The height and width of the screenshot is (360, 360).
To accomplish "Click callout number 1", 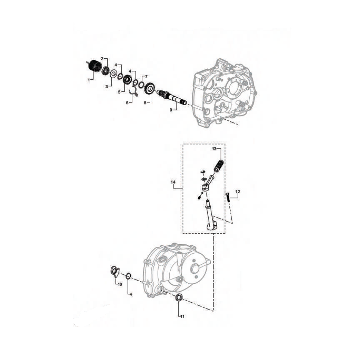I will (x=89, y=80).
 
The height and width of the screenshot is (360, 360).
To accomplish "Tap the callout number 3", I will (x=107, y=86).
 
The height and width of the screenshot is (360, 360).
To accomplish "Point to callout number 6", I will (x=127, y=103).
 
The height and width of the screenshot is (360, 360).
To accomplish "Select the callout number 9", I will (x=171, y=109).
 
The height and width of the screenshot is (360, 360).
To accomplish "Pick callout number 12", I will (x=238, y=192).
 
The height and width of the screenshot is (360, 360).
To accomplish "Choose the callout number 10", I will (x=120, y=284).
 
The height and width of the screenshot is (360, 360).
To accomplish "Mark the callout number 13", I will (x=214, y=149).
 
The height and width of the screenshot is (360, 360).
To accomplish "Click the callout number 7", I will (x=146, y=76).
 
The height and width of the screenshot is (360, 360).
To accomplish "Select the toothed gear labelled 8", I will (x=149, y=89).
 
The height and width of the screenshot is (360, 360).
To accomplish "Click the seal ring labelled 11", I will (x=179, y=297).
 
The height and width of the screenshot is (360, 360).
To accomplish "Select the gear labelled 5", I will (x=127, y=80).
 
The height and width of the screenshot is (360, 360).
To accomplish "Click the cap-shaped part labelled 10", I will (x=114, y=272).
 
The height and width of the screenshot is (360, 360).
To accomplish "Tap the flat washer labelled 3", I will (x=113, y=74).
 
